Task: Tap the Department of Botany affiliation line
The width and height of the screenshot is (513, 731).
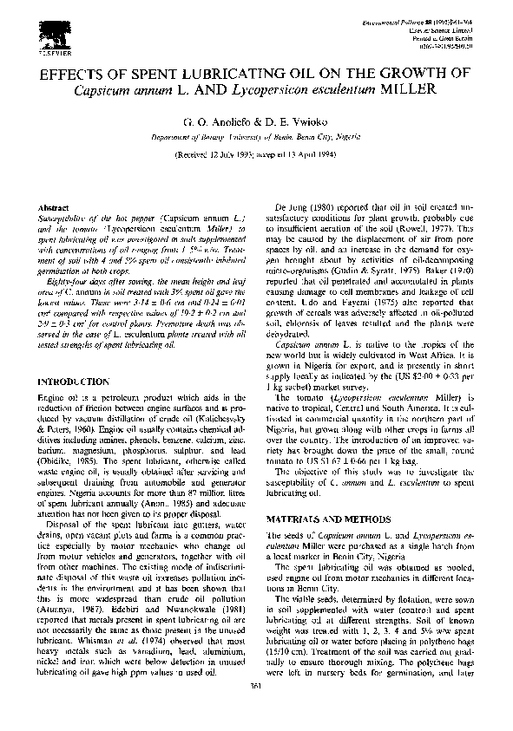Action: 256,137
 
